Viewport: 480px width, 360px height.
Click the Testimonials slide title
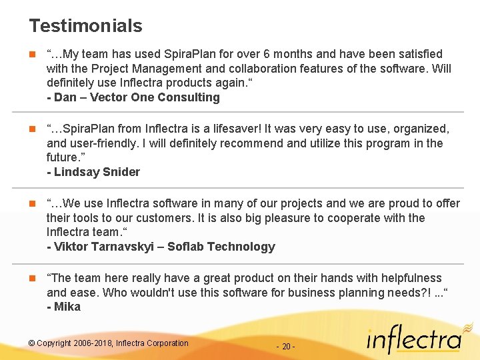(x=85, y=26)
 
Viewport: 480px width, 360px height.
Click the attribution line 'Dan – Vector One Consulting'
(x=133, y=97)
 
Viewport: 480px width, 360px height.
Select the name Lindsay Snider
(x=97, y=172)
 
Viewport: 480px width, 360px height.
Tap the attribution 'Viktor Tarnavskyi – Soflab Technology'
(x=161, y=247)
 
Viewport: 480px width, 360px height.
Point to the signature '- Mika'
(x=64, y=307)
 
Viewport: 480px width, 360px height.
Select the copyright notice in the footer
(x=109, y=343)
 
